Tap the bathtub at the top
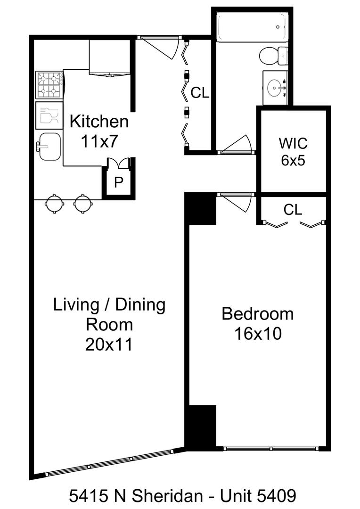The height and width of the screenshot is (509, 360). coord(252,26)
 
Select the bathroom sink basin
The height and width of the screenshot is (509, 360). coord(275,87)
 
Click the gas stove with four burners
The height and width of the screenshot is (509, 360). coord(49,85)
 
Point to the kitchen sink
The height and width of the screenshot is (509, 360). coord(49,147)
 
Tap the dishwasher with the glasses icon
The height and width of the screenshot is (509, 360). coord(49,115)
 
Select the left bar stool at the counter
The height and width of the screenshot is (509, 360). coord(54,204)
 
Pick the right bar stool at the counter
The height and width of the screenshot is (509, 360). coord(83,204)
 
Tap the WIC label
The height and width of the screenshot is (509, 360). coord(293,143)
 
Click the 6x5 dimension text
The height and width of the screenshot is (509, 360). coord(293,160)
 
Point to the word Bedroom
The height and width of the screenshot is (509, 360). coord(257,314)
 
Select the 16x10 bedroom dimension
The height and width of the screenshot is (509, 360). coord(257,334)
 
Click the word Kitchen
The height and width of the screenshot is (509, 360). coord(99,122)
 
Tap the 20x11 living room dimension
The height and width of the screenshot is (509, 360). coord(109,345)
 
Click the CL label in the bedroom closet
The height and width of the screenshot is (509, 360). coord(293,210)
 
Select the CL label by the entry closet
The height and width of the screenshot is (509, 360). coord(199,93)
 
